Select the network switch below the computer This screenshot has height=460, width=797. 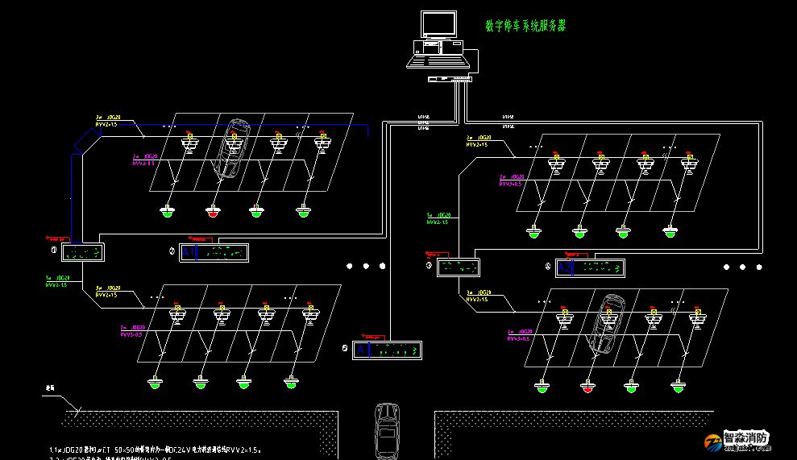pyautogui.click(x=449, y=79)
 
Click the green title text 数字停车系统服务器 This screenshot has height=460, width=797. pyautogui.click(x=525, y=26)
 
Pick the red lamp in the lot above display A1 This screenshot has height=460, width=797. pyautogui.click(x=212, y=213)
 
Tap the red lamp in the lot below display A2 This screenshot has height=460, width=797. pyautogui.click(x=587, y=387)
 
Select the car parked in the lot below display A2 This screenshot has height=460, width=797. pyautogui.click(x=608, y=323)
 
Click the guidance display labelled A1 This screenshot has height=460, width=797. pyautogui.click(x=214, y=253)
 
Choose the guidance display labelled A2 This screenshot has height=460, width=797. pyautogui.click(x=591, y=267)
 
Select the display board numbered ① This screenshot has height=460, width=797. pyautogui.click(x=83, y=252)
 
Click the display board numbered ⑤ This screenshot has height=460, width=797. pyautogui.click(x=387, y=350)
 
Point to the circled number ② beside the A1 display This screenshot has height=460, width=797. pyautogui.click(x=172, y=252)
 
